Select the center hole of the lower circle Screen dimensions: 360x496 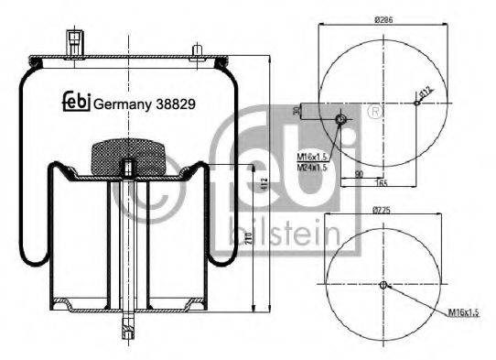[x=383, y=284]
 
